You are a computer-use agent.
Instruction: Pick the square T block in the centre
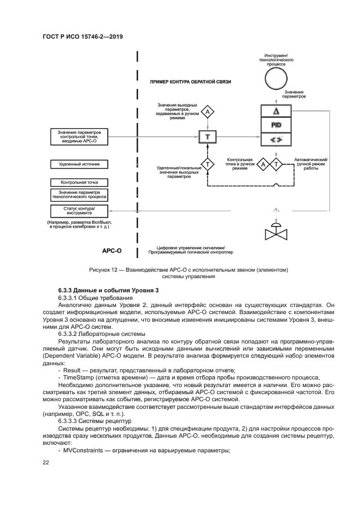click(207, 136)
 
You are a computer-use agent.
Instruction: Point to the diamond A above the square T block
click(207, 112)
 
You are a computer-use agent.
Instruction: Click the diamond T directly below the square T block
click(207, 163)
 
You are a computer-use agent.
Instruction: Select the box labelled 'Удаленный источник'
click(80, 163)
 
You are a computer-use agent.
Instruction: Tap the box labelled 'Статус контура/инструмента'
click(80, 211)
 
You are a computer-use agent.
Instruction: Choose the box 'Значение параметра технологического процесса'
click(80, 194)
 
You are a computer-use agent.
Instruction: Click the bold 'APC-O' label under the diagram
click(112, 252)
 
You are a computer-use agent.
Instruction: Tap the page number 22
click(46, 462)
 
